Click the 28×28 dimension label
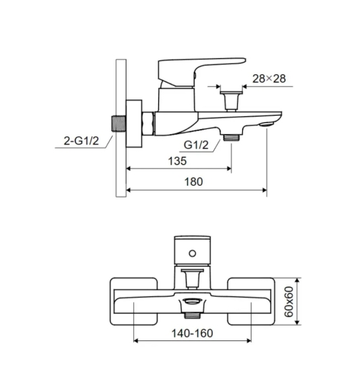269,79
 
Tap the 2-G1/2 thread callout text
81,141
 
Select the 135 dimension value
177,161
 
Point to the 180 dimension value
194,182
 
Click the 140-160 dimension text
192,333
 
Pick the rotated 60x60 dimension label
289,301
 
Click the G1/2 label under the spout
196,145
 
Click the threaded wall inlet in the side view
119,124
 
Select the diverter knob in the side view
231,101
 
